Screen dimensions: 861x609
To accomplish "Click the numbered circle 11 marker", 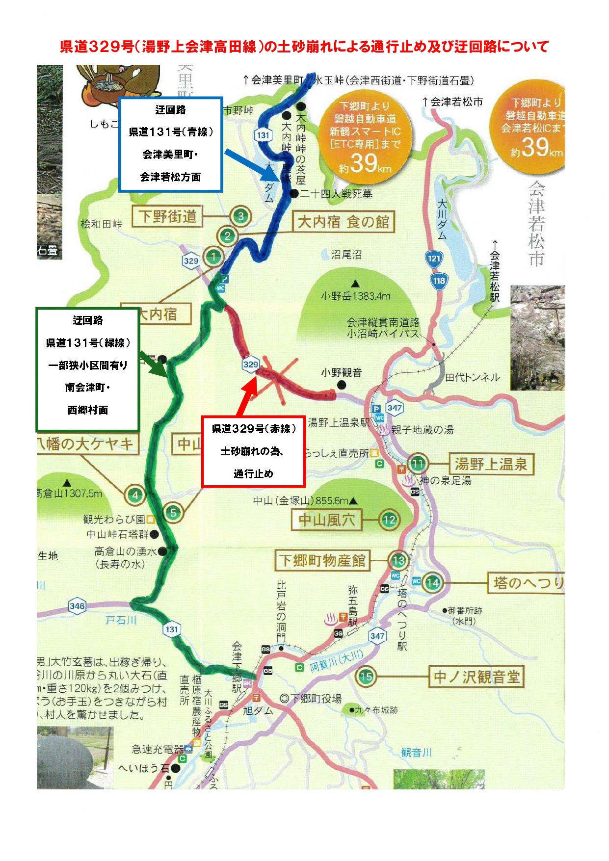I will click(x=418, y=464).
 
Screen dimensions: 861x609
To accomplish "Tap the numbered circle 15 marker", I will click(x=366, y=677).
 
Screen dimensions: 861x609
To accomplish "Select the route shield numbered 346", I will click(x=77, y=606).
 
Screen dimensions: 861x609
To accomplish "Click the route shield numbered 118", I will click(x=439, y=281).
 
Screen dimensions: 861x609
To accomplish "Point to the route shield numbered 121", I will click(x=434, y=258).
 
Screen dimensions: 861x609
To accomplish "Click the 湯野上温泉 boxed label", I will click(x=491, y=464).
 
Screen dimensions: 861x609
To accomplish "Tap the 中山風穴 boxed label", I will click(x=326, y=520).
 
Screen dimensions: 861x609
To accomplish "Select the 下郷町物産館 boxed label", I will click(x=322, y=561).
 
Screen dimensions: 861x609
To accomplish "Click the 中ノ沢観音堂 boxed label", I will click(x=476, y=677).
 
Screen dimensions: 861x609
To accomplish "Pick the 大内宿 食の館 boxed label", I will click(x=343, y=222).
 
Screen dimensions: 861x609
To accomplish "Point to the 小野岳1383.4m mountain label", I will click(x=356, y=296).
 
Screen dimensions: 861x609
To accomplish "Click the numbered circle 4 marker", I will click(x=135, y=495).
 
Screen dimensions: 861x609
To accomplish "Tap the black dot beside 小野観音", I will click(x=342, y=385).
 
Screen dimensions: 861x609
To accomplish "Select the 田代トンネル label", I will click(x=472, y=377).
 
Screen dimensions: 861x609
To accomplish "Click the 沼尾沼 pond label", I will click(x=346, y=254).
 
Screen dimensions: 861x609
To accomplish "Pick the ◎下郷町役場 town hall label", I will click(x=311, y=699).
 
